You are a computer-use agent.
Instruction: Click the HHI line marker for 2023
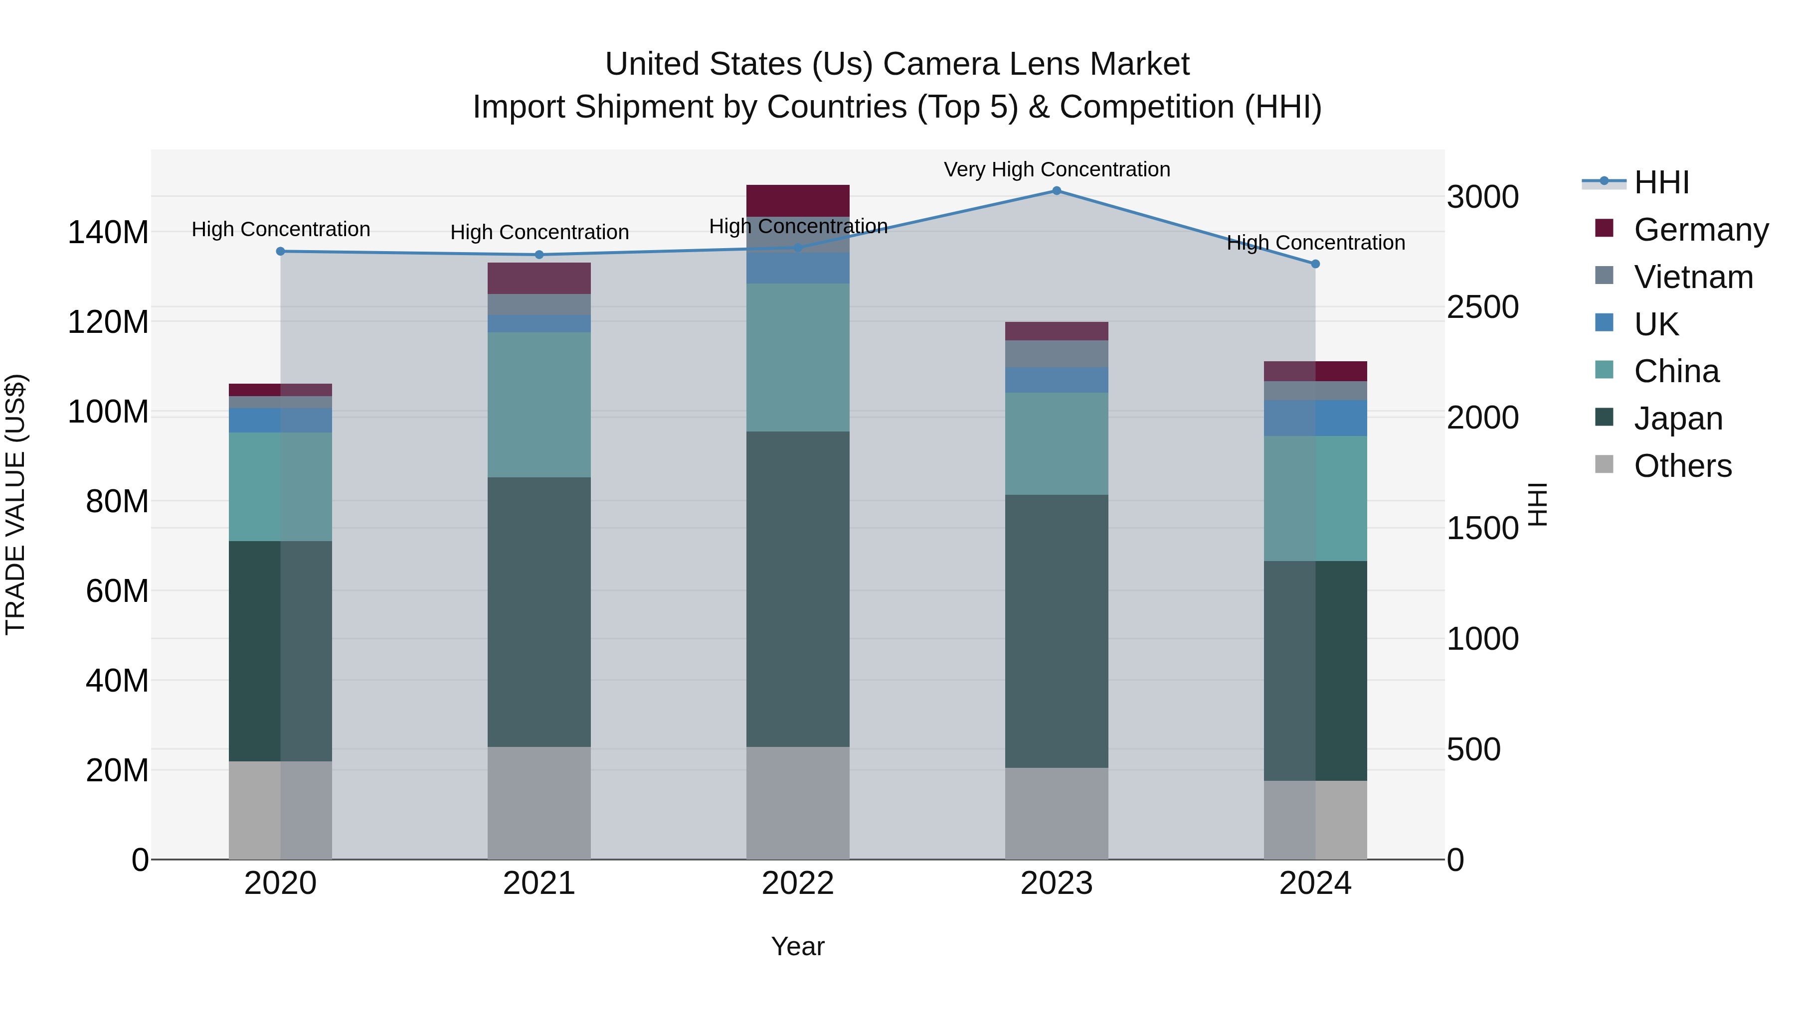pos(1057,191)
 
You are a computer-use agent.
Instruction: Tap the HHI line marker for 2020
pos(280,252)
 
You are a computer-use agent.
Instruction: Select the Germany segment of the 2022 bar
pos(798,200)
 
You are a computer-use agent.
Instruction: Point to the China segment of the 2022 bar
pos(798,357)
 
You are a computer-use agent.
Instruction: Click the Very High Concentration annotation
pos(1057,169)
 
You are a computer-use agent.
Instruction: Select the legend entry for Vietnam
pos(1693,277)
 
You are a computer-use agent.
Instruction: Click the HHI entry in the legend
pos(1661,182)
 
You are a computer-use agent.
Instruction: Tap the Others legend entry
pos(1682,466)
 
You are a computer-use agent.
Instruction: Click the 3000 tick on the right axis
pos(1482,197)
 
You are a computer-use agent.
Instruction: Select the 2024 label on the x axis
pos(1315,883)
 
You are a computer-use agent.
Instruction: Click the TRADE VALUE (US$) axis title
pos(15,504)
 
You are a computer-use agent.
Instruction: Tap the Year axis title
pos(798,946)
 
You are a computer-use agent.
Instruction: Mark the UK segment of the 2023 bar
pos(1057,380)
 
